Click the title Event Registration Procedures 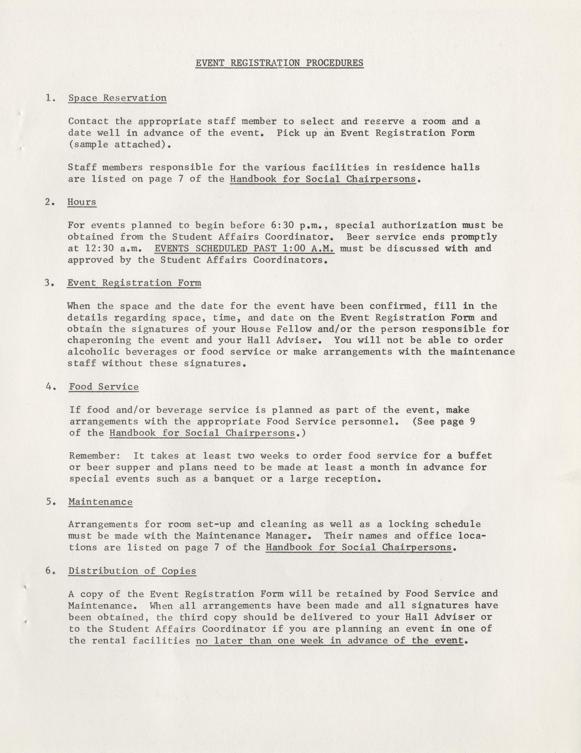tap(279, 63)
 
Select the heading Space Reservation tap(117, 98)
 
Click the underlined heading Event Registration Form tap(134, 283)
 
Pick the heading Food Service tap(104, 387)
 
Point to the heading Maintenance tap(100, 502)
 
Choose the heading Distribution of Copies tap(132, 571)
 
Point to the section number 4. tap(50, 387)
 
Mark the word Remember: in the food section tap(95, 456)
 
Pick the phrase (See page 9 tap(444, 421)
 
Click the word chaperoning tap(99, 341)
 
